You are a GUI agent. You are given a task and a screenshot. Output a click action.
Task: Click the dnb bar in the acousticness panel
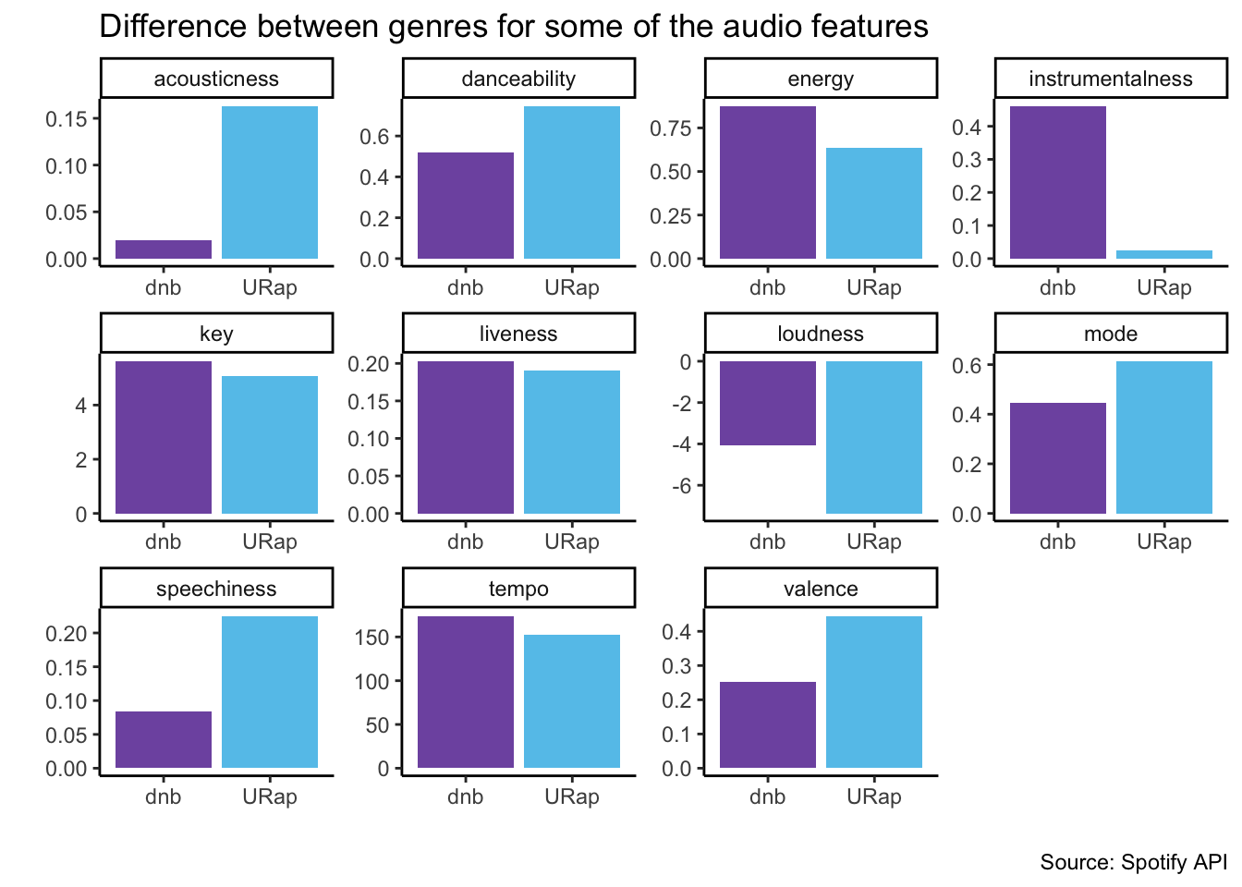164,249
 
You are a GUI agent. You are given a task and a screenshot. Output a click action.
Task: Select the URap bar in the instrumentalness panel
1164,254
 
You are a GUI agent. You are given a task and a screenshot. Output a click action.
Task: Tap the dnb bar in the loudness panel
768,403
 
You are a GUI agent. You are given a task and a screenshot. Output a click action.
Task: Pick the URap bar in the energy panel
874,203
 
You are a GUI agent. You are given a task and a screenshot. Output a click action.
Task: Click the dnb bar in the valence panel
768,724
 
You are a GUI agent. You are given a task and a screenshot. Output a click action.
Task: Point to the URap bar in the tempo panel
572,701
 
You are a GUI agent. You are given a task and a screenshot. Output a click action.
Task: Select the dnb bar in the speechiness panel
164,739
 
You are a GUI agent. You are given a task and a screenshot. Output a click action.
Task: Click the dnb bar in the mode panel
1058,458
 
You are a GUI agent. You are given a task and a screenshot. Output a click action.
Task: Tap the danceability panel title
518,79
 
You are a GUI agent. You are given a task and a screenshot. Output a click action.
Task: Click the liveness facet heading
518,334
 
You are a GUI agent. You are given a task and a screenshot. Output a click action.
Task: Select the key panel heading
216,334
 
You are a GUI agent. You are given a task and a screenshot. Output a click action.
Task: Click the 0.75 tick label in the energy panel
670,128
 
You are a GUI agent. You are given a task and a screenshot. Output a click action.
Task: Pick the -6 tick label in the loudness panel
682,486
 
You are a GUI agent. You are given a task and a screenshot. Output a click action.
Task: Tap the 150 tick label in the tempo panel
372,638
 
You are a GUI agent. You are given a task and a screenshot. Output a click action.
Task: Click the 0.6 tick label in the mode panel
967,365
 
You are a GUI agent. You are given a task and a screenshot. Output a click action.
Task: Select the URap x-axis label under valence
874,796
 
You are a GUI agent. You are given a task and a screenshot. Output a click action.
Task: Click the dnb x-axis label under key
163,541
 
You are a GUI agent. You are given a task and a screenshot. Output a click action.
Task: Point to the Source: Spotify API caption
1133,862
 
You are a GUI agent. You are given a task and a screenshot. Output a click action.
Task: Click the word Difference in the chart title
173,26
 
